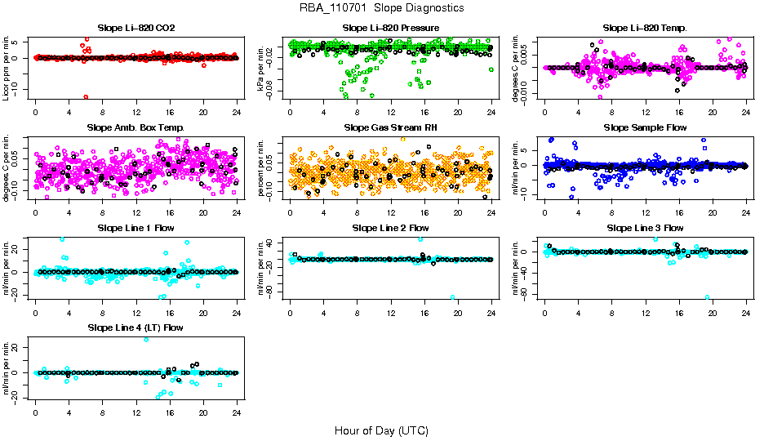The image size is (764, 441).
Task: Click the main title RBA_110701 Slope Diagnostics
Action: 381,7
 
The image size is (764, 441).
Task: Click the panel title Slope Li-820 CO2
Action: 135,28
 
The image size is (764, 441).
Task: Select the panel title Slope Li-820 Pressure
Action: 391,28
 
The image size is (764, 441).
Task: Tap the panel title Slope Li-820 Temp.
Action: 645,28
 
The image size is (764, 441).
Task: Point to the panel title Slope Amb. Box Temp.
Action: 135,127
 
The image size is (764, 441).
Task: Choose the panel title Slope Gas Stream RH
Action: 391,127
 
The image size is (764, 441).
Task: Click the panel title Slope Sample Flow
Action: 645,127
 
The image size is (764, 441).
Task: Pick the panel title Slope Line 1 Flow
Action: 135,227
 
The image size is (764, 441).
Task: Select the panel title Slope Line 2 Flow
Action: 391,227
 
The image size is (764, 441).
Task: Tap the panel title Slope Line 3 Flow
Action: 645,227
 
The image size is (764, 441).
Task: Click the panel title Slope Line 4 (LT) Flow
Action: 135,327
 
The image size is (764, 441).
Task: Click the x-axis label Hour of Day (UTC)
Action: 381,430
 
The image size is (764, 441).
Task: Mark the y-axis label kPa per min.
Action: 262,68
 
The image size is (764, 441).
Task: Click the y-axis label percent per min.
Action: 262,168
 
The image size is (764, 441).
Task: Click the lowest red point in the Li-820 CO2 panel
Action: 86,97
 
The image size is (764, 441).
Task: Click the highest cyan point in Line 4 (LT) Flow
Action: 146,340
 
